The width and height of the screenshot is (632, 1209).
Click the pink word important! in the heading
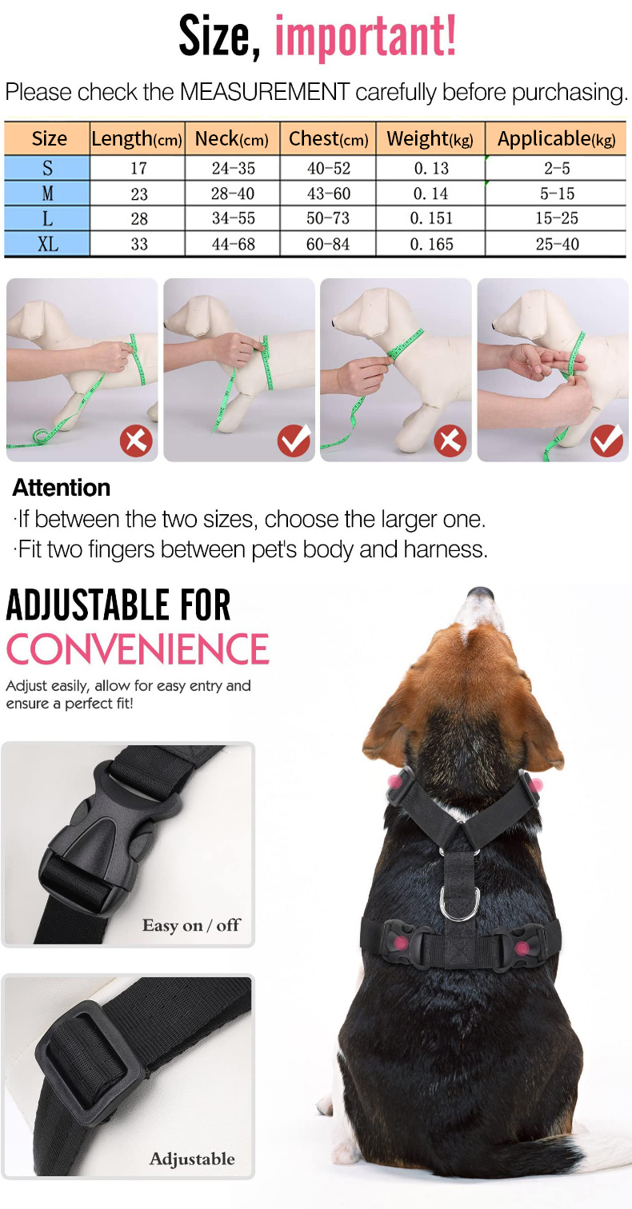click(x=366, y=36)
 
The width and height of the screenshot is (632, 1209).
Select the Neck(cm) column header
click(x=232, y=138)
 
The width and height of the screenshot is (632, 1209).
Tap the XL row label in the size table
click(x=47, y=244)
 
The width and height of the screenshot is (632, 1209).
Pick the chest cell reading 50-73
click(x=328, y=218)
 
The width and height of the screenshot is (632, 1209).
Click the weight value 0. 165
click(x=431, y=244)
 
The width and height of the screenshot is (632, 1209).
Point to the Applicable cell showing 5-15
click(x=557, y=194)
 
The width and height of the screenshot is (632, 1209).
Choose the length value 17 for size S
click(x=139, y=168)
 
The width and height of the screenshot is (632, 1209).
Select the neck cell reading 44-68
click(x=234, y=244)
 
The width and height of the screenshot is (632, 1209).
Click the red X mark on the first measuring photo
click(x=136, y=441)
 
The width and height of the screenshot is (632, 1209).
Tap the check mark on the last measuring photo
click(x=607, y=441)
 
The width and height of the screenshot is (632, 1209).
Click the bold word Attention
click(x=61, y=488)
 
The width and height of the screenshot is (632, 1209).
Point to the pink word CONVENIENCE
click(x=138, y=648)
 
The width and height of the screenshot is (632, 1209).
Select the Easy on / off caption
click(x=191, y=924)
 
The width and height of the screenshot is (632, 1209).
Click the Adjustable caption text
click(x=192, y=1159)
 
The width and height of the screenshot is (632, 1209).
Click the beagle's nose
click(x=480, y=594)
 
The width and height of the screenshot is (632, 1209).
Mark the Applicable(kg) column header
click(x=556, y=138)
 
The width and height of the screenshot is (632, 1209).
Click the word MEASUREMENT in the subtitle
click(x=265, y=92)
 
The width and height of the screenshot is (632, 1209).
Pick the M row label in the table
click(x=47, y=193)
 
